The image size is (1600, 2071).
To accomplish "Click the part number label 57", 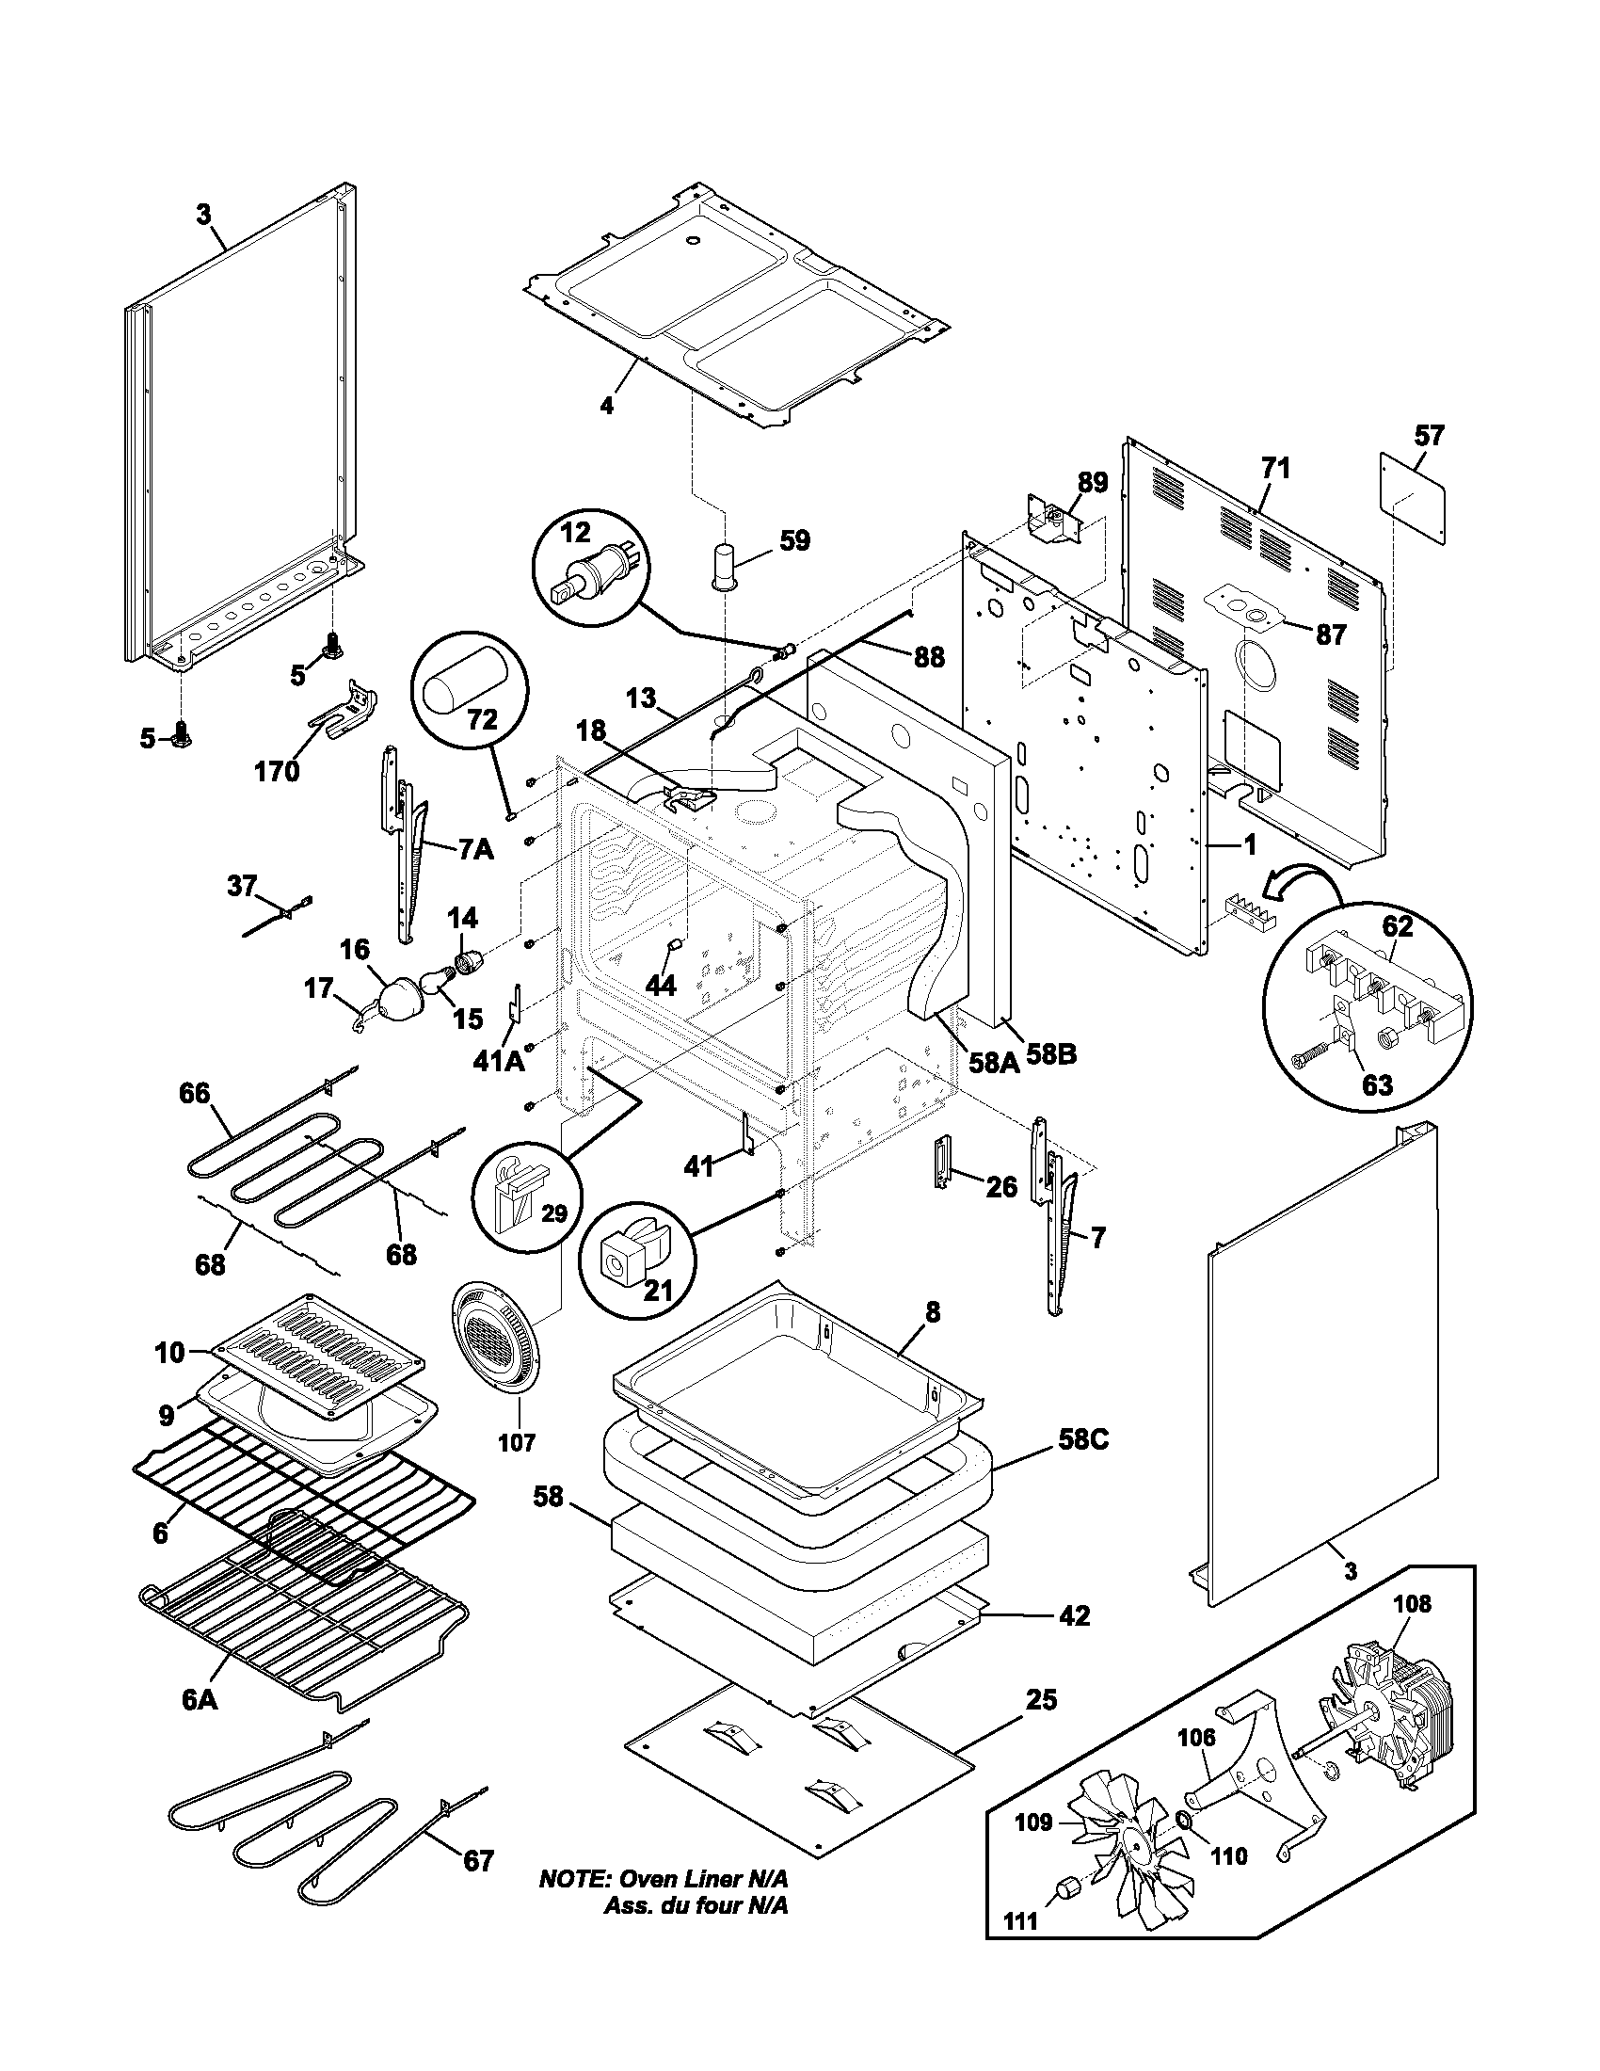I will [x=1430, y=435].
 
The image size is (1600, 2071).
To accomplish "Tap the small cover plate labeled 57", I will [x=1413, y=497].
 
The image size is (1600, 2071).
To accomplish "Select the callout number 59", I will [x=795, y=541].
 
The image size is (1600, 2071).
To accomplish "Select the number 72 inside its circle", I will [x=482, y=720].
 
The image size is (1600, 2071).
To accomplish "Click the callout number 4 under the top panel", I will [x=607, y=406].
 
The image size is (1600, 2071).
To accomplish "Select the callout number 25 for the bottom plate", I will [x=1041, y=1700].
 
